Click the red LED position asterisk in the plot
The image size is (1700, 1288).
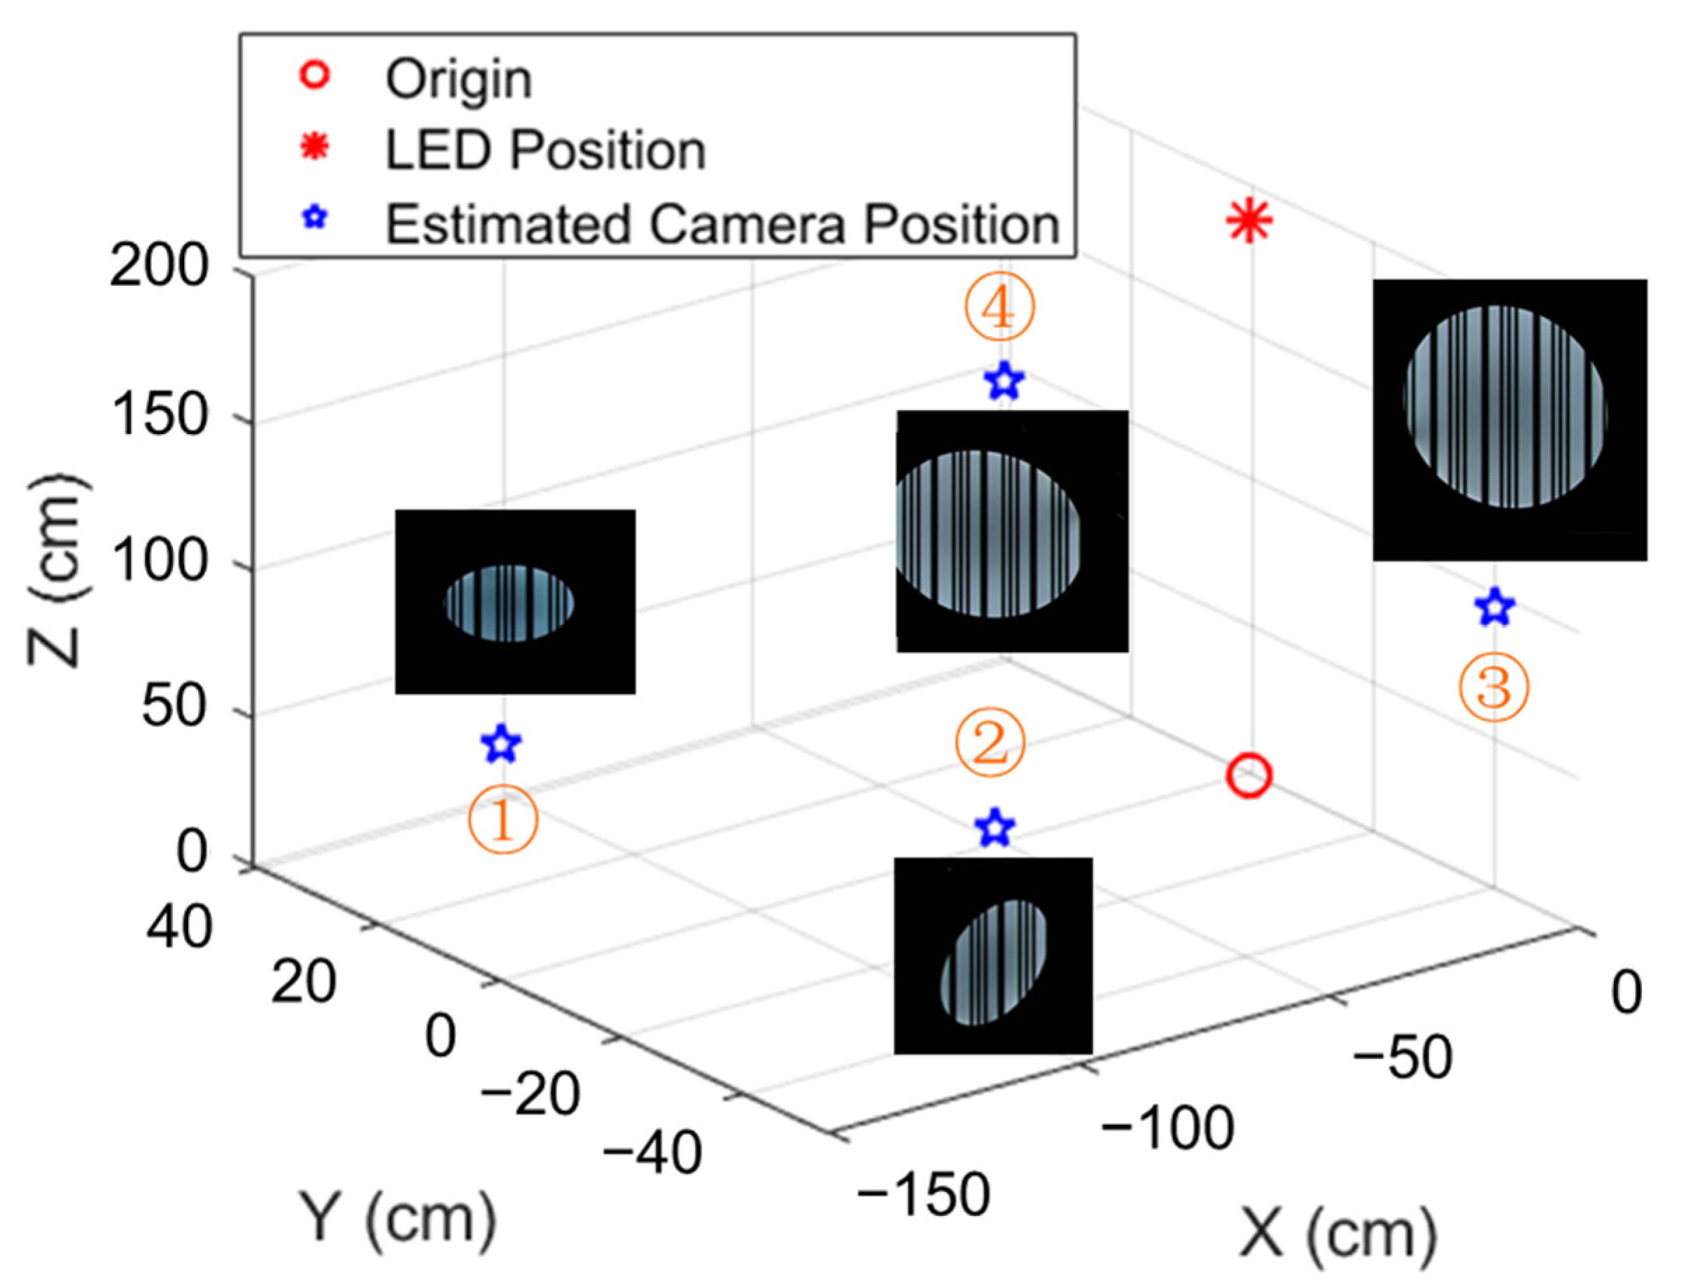[x=1248, y=221]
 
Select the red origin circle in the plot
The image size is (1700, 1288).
[x=1249, y=776]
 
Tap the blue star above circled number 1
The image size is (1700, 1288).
[x=501, y=744]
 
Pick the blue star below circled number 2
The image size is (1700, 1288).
[x=995, y=828]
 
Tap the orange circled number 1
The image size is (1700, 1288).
[x=503, y=819]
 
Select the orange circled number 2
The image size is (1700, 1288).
[x=990, y=743]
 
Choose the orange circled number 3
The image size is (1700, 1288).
[x=1494, y=687]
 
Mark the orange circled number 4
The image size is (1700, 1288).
[x=999, y=308]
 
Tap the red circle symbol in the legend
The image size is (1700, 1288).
[x=315, y=76]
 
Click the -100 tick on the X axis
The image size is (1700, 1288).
[x=1167, y=1129]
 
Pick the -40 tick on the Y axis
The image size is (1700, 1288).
[x=652, y=1153]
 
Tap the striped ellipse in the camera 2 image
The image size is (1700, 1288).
[x=994, y=963]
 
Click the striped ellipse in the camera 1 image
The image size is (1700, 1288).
[x=510, y=603]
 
